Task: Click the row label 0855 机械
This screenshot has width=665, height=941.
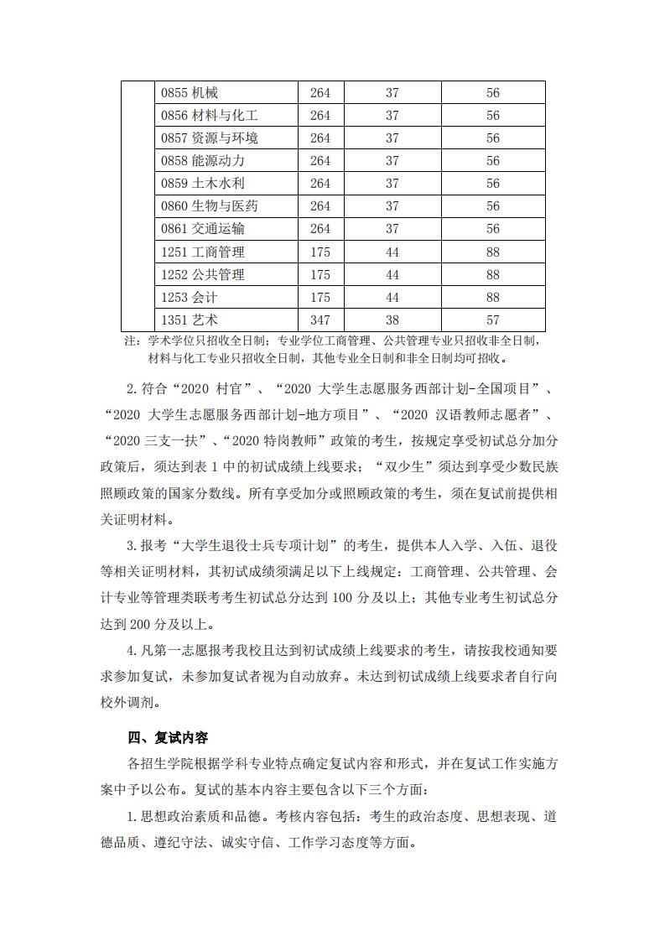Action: tap(190, 93)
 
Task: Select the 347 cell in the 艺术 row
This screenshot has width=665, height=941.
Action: tap(320, 320)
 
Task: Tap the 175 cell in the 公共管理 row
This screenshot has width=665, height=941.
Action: tap(320, 274)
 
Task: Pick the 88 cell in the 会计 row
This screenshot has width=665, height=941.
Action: tap(493, 297)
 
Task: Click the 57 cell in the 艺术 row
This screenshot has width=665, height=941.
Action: tap(493, 320)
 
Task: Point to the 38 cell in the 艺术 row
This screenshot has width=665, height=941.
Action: tap(392, 320)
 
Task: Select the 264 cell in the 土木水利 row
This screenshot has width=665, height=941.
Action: tap(320, 184)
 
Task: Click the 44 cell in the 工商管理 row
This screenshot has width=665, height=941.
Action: tap(392, 252)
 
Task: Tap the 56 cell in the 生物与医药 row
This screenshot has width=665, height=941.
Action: tap(493, 206)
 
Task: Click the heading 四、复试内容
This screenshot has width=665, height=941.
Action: tap(168, 737)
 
